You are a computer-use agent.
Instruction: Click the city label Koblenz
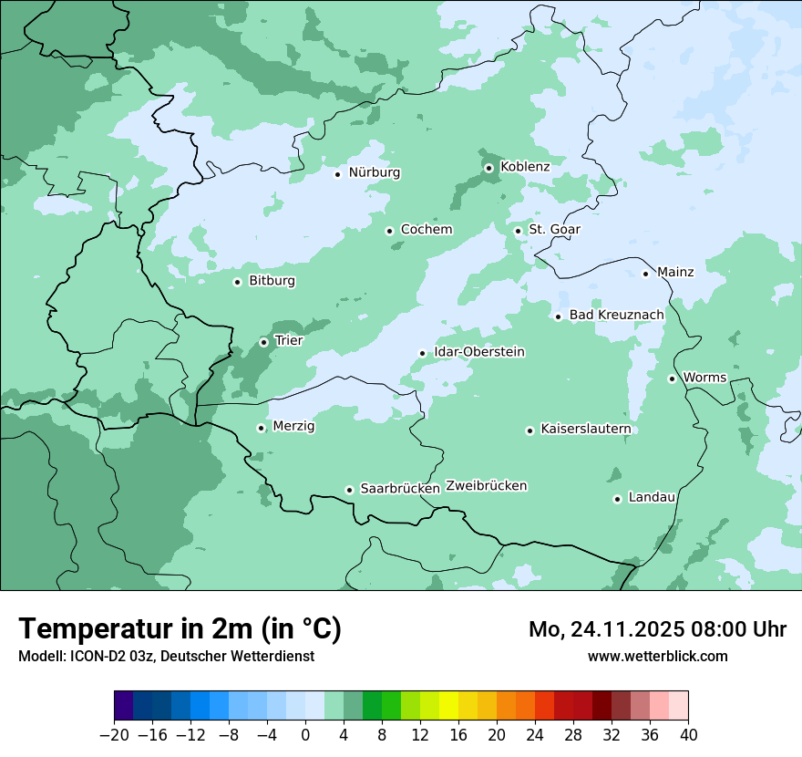525,167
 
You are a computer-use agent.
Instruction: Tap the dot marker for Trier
264,342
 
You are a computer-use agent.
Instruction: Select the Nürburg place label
374,172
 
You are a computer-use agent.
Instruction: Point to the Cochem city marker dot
389,231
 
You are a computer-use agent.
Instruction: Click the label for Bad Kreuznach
616,316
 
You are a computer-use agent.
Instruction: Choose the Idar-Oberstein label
479,352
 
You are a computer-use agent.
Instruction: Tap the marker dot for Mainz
645,274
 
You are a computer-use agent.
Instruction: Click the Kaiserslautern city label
585,429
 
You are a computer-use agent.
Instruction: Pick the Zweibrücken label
486,486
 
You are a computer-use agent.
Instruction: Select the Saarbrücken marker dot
349,490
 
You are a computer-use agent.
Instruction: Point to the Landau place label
652,498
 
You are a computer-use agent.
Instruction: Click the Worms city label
704,378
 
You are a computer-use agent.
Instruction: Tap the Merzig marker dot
262,428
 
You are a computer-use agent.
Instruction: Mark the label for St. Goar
554,230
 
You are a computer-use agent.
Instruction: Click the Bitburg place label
272,281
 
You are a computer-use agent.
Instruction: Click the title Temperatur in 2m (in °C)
180,629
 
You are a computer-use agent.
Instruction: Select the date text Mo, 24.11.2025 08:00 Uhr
657,629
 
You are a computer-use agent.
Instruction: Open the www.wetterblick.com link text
657,656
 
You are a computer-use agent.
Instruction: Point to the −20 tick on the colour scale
114,735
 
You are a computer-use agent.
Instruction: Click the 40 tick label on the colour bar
688,735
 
